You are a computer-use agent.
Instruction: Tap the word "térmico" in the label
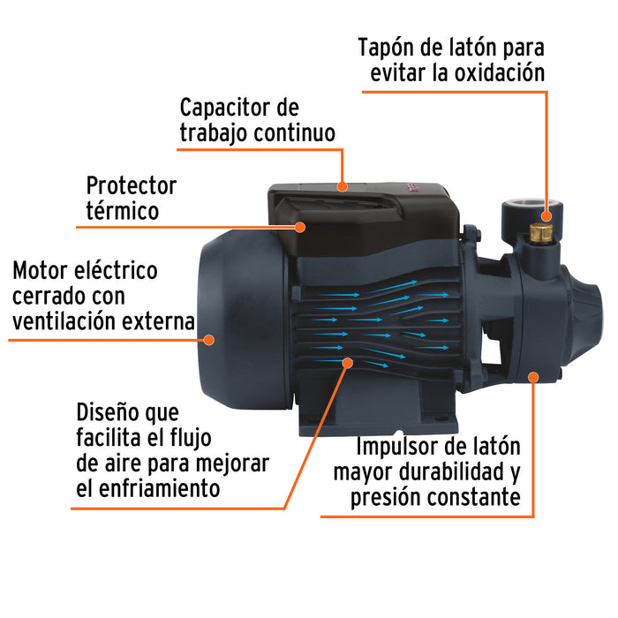pyautogui.click(x=123, y=212)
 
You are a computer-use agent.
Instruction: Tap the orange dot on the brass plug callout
pyautogui.click(x=547, y=215)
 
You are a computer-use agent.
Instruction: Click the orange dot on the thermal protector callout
pyautogui.click(x=299, y=227)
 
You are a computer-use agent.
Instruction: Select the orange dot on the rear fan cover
pyautogui.click(x=209, y=338)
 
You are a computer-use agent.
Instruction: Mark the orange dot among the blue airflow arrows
pyautogui.click(x=345, y=362)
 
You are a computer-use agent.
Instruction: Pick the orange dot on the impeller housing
pyautogui.click(x=532, y=377)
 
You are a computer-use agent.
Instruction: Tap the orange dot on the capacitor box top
pyautogui.click(x=343, y=187)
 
